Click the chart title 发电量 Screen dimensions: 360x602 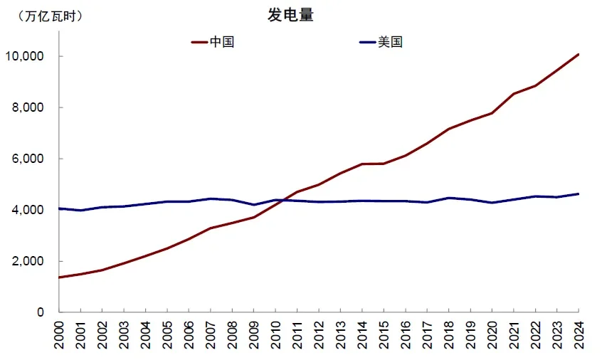point(290,16)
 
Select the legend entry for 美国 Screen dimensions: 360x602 point(390,42)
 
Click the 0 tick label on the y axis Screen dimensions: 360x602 point(41,312)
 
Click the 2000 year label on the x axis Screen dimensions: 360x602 point(59,334)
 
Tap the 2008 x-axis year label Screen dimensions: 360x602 point(232,334)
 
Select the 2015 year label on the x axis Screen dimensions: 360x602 point(384,334)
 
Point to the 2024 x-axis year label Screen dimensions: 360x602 point(578,334)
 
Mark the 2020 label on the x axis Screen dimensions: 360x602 point(492,334)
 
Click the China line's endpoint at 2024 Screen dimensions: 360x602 point(578,54)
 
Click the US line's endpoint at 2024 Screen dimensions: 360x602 point(578,194)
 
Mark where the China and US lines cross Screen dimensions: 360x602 point(280,201)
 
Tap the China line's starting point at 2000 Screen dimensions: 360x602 point(59,277)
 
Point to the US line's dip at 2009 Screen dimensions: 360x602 point(253,205)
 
